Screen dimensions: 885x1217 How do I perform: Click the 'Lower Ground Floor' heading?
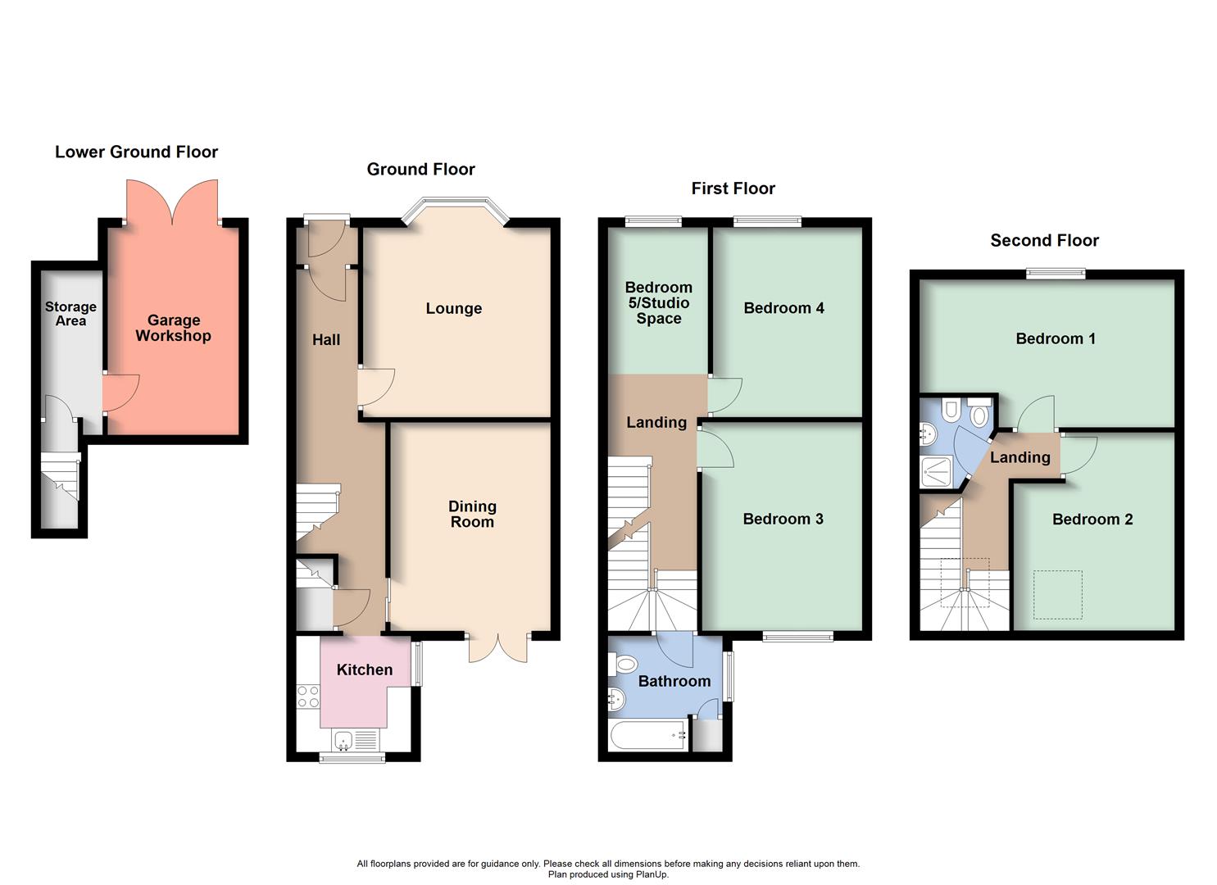136,152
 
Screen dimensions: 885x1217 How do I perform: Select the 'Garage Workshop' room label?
173,328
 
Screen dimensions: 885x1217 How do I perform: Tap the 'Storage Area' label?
70,314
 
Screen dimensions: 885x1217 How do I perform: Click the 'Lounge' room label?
453,308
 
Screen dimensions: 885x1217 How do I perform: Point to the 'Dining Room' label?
472,514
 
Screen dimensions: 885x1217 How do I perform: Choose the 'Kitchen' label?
365,669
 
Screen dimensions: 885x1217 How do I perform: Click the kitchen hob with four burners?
308,697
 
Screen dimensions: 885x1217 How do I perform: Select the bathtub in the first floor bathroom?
647,735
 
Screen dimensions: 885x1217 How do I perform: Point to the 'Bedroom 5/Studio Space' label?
658,302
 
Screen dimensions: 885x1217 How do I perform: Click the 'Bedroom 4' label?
783,308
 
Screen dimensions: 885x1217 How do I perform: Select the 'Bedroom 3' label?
783,519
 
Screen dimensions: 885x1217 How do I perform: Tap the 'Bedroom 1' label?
1055,338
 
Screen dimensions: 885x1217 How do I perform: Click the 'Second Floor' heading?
1044,240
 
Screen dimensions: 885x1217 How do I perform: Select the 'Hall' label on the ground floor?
325,339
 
